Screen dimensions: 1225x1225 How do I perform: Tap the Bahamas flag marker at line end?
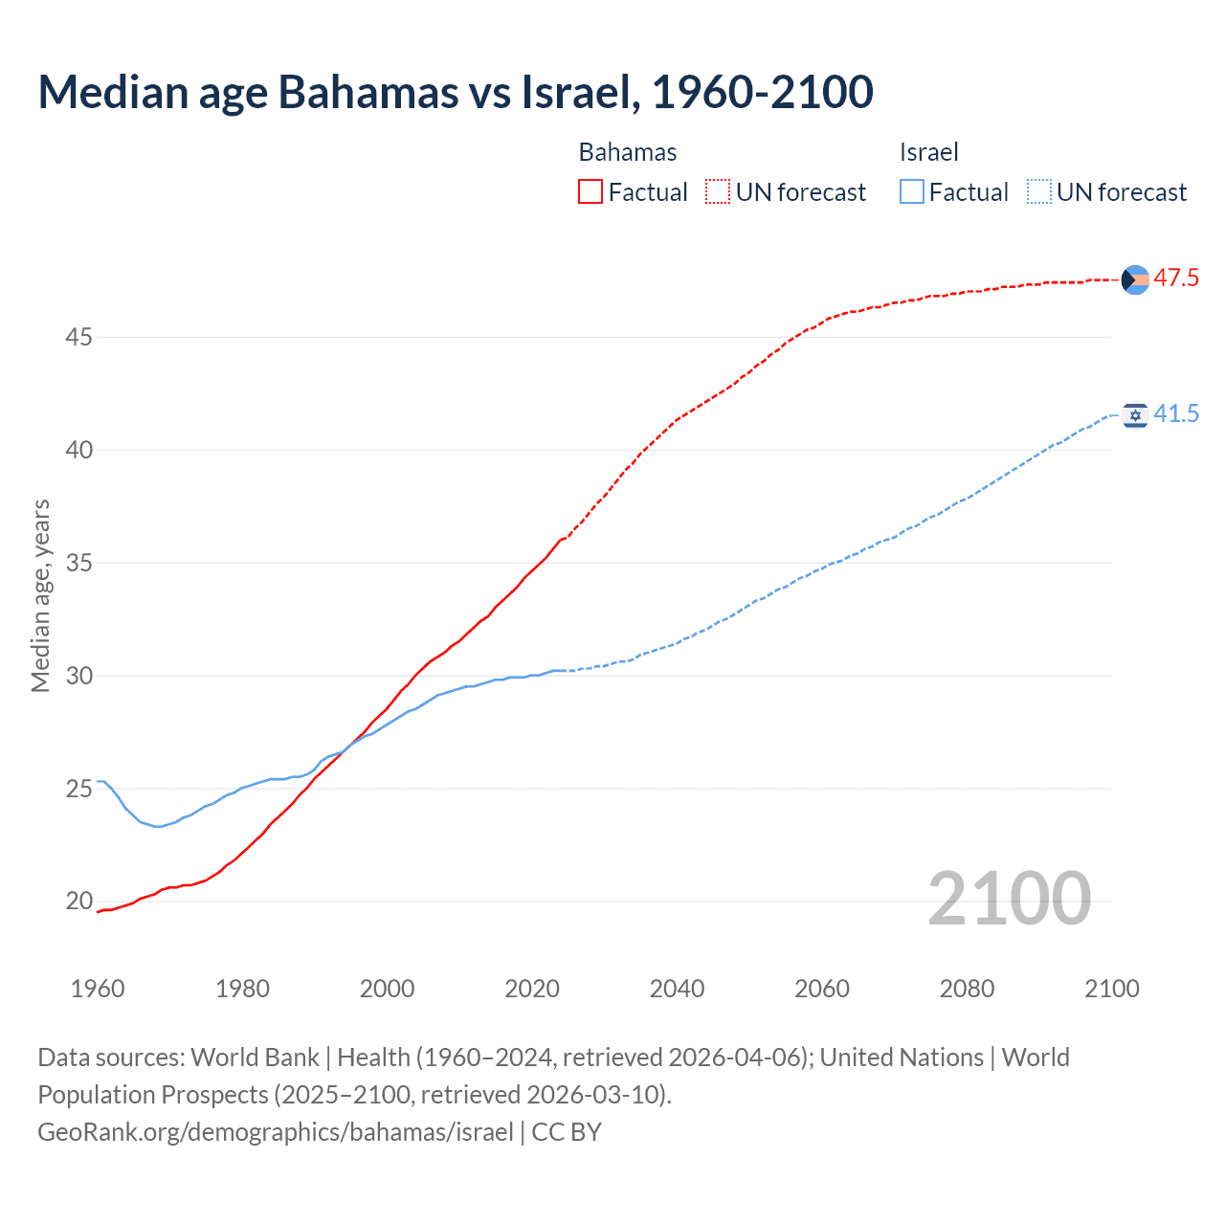(1135, 279)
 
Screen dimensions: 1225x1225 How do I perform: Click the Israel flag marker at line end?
(1135, 415)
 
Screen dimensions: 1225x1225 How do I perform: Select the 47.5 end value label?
(1176, 278)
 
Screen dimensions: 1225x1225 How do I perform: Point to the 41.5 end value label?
(1176, 414)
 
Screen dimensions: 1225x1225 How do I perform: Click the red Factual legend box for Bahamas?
(590, 192)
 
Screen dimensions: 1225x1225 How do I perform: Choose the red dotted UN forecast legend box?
(718, 192)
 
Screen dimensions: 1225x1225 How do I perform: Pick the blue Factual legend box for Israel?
(912, 192)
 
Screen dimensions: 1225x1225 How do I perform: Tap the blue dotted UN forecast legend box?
(1039, 192)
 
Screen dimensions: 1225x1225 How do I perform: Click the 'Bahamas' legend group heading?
(628, 152)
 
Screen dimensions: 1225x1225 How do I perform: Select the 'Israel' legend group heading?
(928, 152)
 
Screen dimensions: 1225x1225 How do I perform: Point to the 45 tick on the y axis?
(79, 337)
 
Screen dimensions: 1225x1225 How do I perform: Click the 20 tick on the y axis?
(79, 901)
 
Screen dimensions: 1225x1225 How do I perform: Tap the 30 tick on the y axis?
(79, 676)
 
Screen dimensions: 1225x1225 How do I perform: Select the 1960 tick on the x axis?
(98, 989)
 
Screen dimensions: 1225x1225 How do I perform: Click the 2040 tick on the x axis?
(677, 989)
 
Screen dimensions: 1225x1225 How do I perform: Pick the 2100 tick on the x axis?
(1111, 989)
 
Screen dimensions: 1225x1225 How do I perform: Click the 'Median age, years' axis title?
(40, 595)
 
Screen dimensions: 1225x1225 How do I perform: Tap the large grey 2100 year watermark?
(1009, 899)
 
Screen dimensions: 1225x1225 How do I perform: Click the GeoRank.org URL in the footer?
(276, 1132)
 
